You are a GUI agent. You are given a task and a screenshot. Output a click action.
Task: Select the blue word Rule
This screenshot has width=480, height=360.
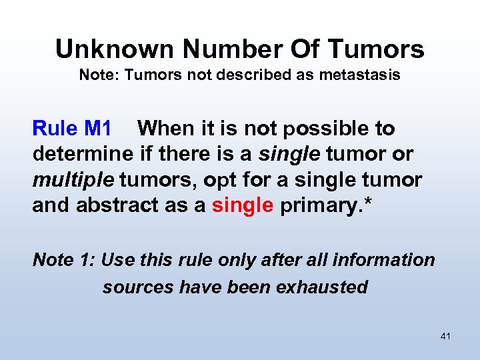pos(54,128)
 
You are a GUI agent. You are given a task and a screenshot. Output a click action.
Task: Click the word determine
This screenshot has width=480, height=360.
pos(83,154)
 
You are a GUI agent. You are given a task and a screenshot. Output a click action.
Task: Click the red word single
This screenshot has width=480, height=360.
pos(243,205)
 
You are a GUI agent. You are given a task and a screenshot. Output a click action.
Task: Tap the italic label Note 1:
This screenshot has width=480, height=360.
pos(64,260)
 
